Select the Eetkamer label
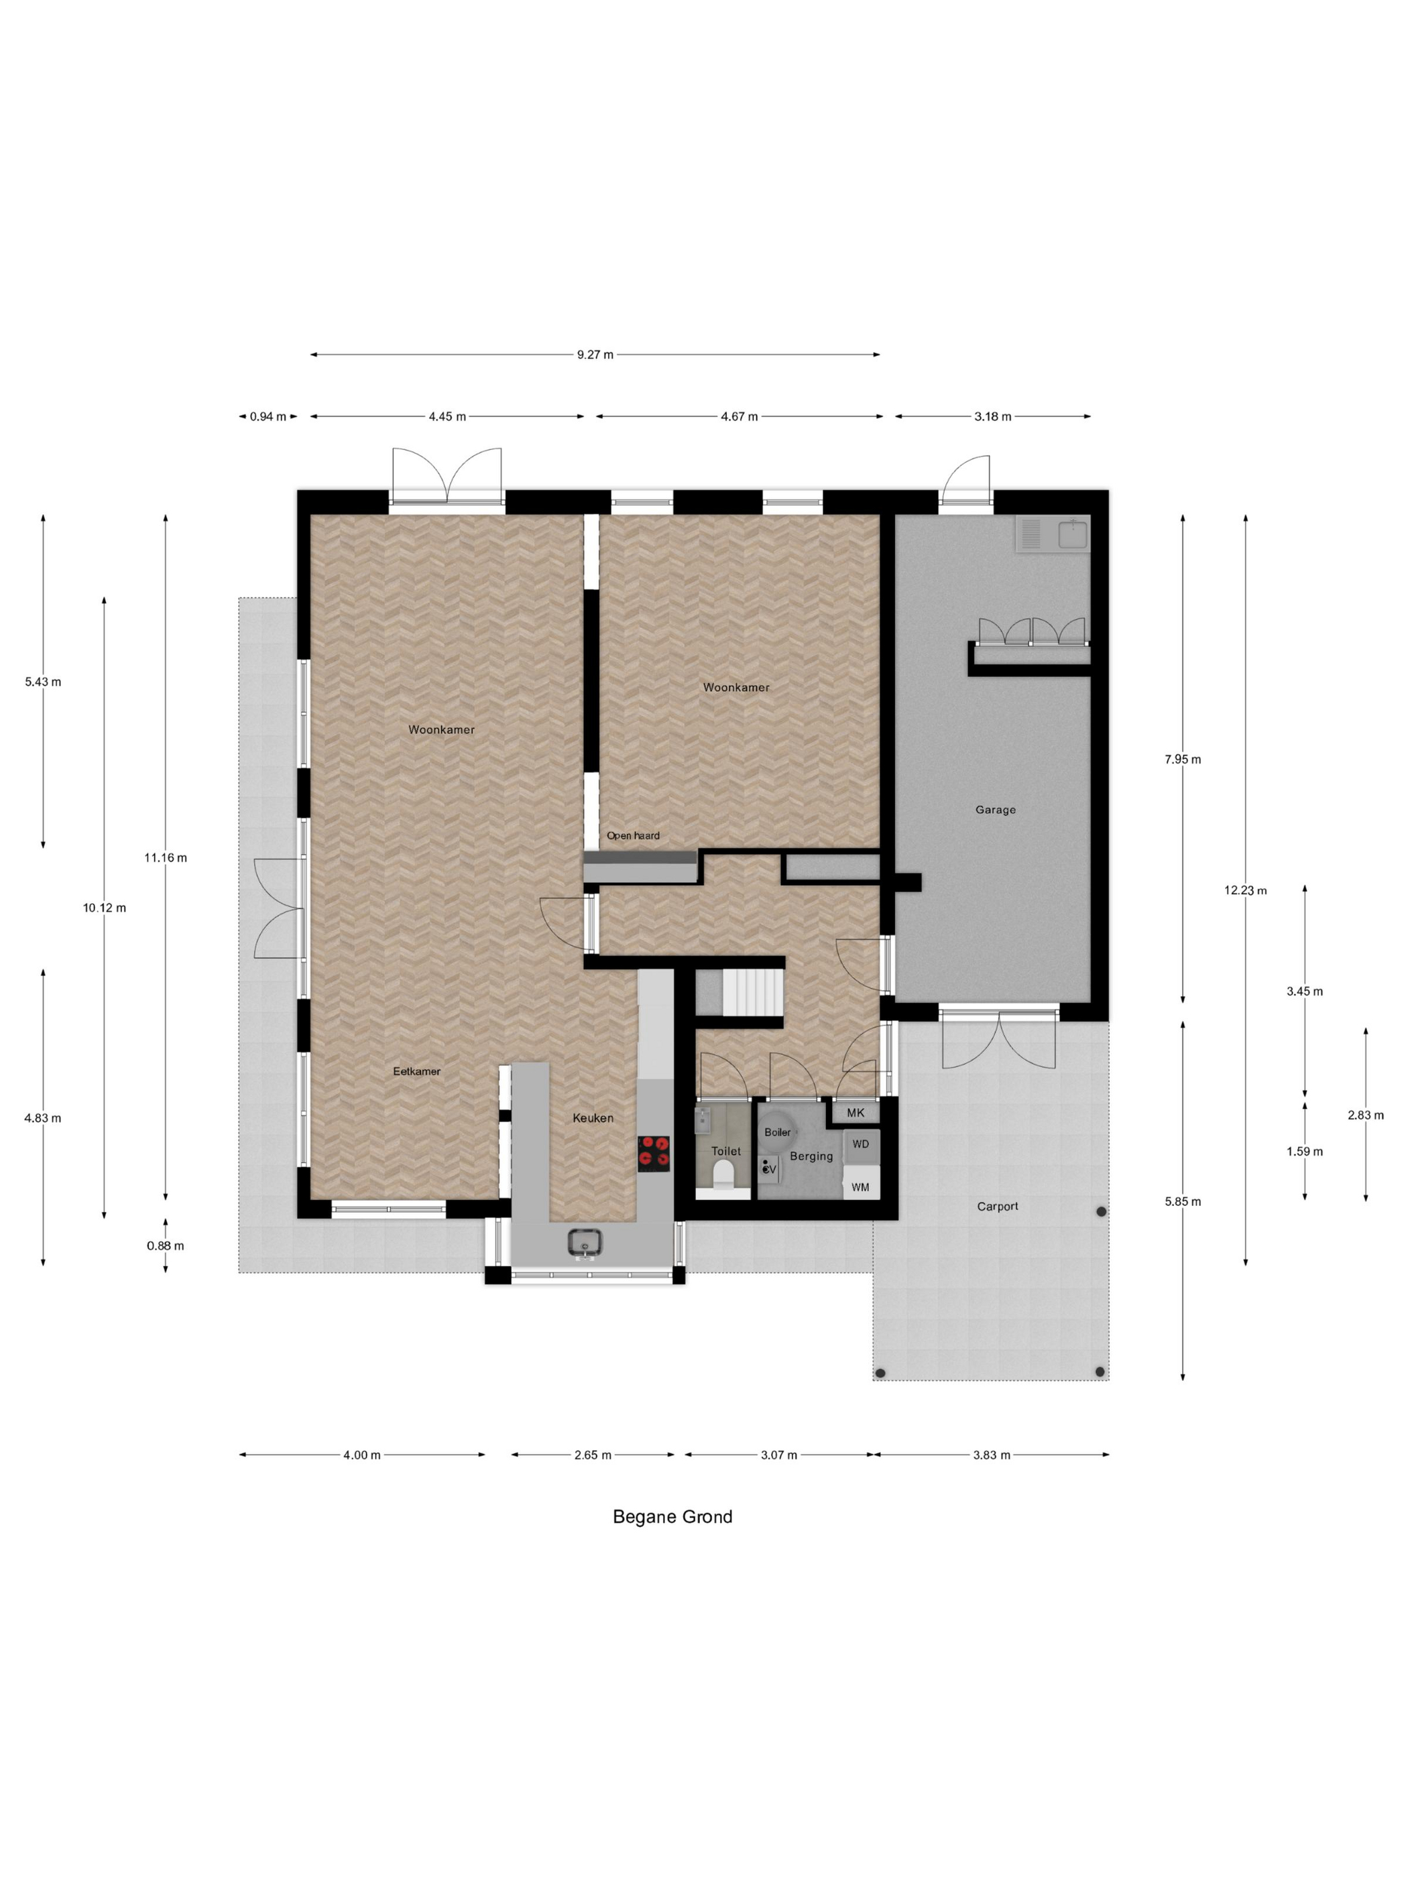417,1071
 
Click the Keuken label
593,1117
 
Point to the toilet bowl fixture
723,1174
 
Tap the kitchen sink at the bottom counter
585,1242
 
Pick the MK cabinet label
856,1112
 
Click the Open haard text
632,836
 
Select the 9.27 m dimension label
595,355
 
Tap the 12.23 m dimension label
1245,890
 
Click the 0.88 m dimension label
166,1246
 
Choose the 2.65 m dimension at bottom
593,1455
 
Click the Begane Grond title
672,1516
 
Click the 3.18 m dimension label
993,417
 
